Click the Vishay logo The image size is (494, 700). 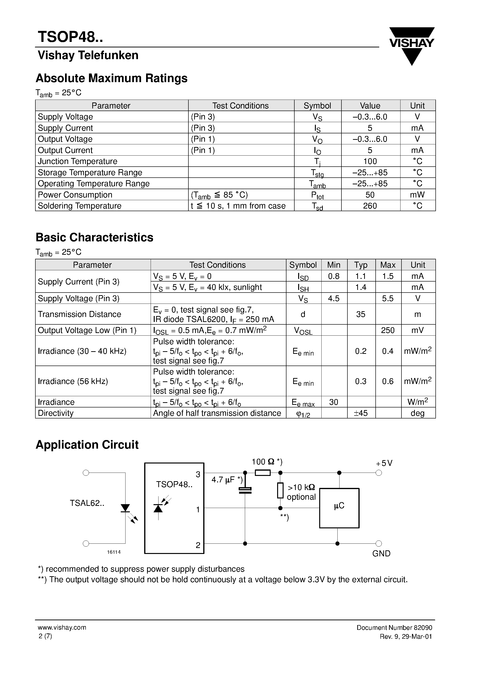[x=412, y=45]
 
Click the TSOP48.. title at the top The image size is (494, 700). [x=70, y=37]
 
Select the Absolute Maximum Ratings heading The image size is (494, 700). [x=111, y=78]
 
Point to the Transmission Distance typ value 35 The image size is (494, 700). [x=361, y=314]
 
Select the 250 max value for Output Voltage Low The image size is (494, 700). [x=387, y=330]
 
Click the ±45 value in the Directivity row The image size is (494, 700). [x=361, y=413]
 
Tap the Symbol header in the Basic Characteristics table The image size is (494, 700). [x=303, y=265]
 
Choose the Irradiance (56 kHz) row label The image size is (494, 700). [x=73, y=381]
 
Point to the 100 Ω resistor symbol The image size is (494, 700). [x=262, y=473]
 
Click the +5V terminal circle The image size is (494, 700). [x=379, y=473]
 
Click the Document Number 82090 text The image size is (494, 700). [x=394, y=627]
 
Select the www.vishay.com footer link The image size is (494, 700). [x=62, y=627]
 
